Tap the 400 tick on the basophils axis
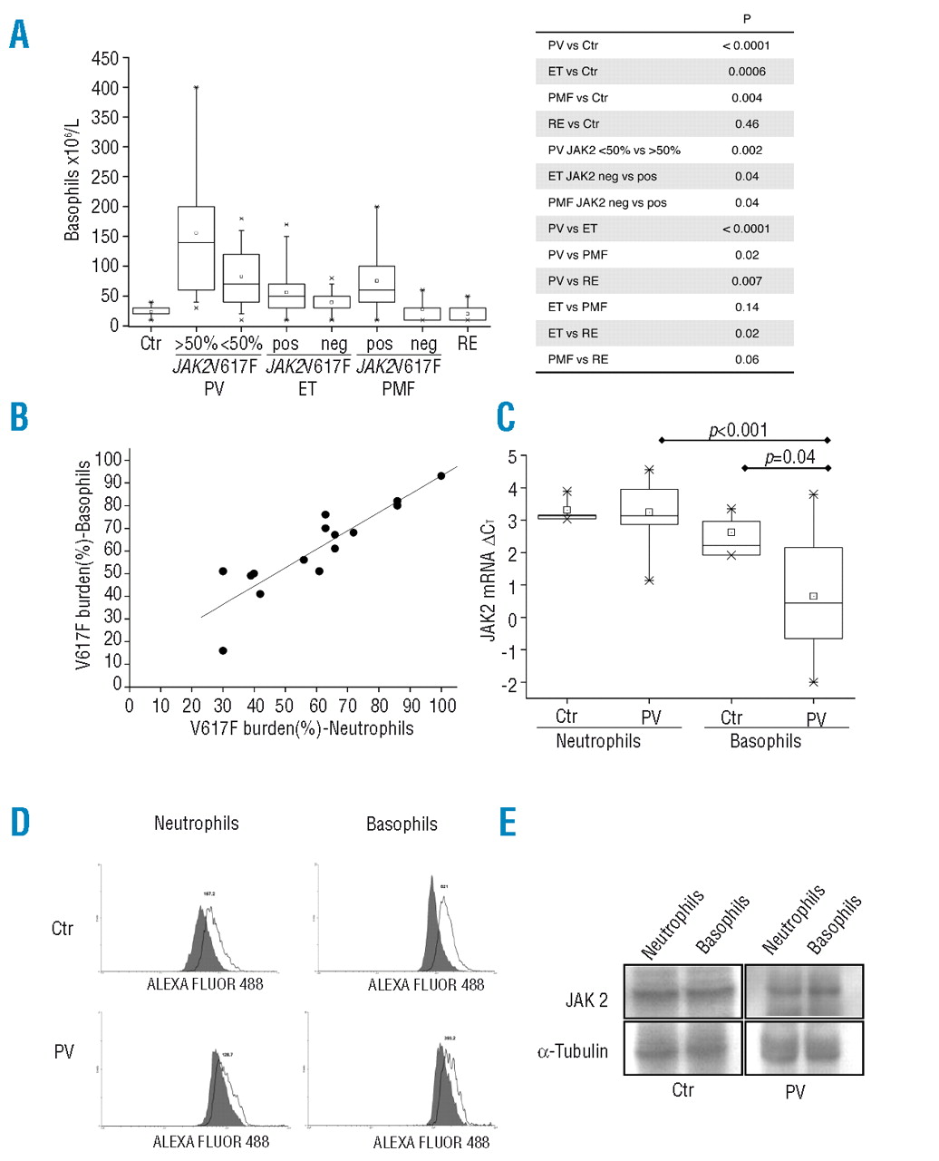tap(105, 88)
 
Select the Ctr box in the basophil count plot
tap(150, 311)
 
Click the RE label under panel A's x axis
tap(467, 344)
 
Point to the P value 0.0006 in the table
tap(747, 72)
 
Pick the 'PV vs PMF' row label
tap(577, 255)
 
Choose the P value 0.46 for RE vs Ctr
tap(747, 124)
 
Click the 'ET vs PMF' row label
tap(578, 307)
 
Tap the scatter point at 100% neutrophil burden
tap(441, 475)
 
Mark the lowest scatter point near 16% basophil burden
tap(223, 650)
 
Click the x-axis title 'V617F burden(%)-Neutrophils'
tap(302, 728)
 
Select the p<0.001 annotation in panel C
tap(738, 430)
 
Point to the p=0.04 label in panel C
tap(789, 457)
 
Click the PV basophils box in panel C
tap(813, 593)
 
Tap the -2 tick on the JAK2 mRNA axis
tap(511, 685)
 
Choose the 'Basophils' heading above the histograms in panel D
tap(402, 824)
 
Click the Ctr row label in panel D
tap(63, 929)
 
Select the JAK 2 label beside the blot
tap(586, 1000)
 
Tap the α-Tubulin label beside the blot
tap(573, 1052)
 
